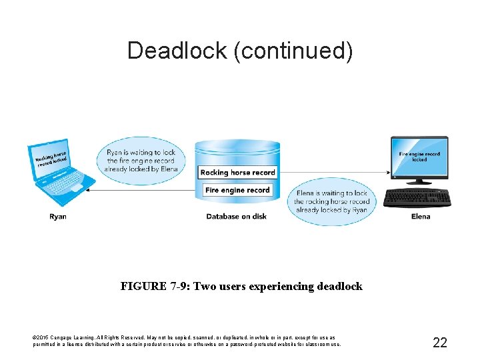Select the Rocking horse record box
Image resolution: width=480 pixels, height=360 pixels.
(237, 173)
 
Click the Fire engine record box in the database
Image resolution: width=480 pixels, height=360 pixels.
(237, 191)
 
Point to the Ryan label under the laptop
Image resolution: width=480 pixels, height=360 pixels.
(58, 217)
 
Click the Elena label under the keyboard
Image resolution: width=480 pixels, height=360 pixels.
(421, 217)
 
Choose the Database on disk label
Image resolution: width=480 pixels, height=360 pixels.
(237, 217)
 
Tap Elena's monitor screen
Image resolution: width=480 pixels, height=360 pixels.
(419, 157)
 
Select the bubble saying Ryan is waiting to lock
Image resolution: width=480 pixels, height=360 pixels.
(141, 161)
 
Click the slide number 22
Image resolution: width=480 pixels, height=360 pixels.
(440, 343)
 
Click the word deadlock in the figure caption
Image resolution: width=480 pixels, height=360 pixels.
(339, 287)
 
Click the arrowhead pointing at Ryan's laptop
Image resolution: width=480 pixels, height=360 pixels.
(91, 191)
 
